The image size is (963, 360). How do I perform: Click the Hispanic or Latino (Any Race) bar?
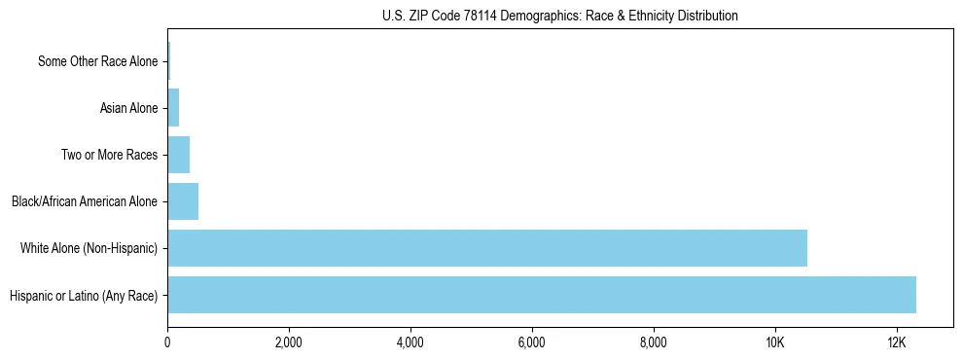[x=542, y=295]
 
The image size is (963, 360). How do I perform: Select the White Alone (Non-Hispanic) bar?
[x=487, y=248]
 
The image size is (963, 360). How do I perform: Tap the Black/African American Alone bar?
[x=183, y=201]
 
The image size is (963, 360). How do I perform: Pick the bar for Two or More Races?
[x=179, y=155]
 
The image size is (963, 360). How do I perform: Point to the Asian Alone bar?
[x=173, y=108]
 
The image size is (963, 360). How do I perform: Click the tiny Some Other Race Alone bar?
[x=169, y=61]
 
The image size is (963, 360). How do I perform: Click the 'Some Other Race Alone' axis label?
[x=97, y=61]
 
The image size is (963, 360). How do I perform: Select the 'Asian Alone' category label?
[x=128, y=108]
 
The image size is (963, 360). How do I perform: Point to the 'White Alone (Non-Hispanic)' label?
[x=89, y=248]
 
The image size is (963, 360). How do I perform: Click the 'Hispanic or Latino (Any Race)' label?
[x=83, y=295]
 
